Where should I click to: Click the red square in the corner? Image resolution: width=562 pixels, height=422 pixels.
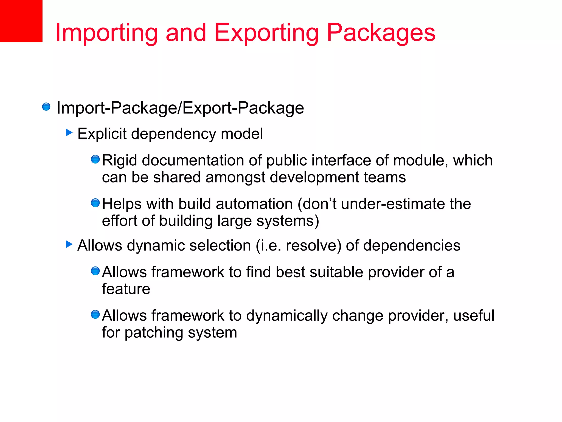pos(21,21)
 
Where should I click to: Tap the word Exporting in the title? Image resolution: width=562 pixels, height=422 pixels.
pos(266,33)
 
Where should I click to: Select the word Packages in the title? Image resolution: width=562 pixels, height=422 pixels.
pos(381,33)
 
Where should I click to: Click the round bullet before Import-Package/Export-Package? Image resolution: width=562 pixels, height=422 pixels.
pos(46,107)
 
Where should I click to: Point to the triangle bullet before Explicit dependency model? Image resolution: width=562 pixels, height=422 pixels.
pos(69,133)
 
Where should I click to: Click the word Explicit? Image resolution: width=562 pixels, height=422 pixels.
pos(102,134)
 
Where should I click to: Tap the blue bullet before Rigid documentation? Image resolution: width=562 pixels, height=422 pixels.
pos(95,159)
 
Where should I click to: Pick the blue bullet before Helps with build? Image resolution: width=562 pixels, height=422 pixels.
pos(95,203)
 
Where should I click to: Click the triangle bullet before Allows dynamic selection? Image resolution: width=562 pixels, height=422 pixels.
pos(69,244)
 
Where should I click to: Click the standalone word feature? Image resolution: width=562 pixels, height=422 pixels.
pos(126,289)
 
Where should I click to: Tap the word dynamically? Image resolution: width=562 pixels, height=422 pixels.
pos(287,316)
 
